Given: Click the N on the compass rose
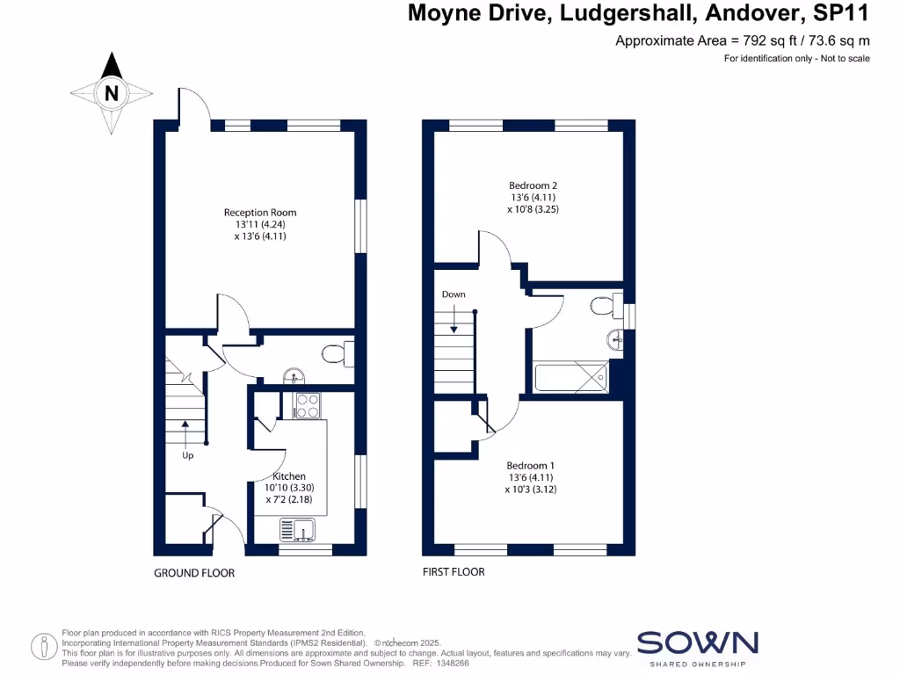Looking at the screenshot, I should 112,92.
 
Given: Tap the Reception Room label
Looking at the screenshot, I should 260,213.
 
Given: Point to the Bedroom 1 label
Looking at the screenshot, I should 531,465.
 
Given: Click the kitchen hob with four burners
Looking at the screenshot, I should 307,405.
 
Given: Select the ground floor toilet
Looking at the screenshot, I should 335,354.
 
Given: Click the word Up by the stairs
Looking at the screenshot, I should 188,455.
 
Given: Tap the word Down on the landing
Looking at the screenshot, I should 454,294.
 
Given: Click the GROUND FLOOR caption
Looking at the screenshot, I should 194,573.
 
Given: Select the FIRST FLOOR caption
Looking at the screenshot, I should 454,571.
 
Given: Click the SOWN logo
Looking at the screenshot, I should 697,643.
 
